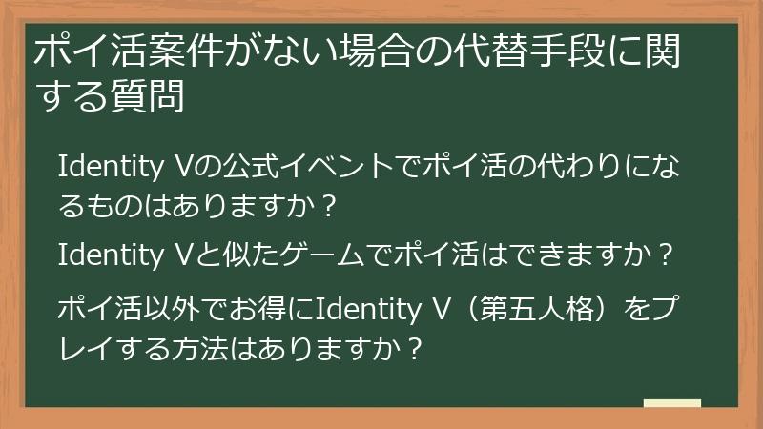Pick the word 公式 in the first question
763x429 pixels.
coord(249,170)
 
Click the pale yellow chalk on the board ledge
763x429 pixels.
coord(671,402)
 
